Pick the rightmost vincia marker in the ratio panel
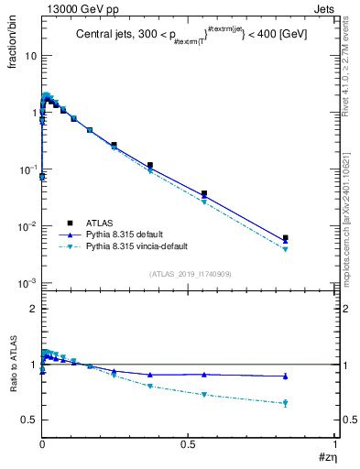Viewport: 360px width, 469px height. coord(286,403)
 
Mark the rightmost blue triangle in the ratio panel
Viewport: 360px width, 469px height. coord(286,376)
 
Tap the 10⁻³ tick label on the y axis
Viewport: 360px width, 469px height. coord(27,283)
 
